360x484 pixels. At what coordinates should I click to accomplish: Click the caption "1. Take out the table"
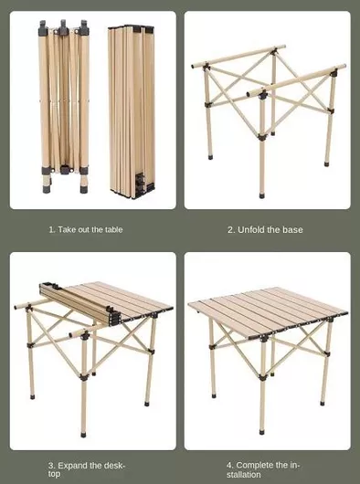86,229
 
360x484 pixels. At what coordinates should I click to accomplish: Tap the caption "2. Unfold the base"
265,229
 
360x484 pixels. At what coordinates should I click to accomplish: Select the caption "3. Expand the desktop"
87,469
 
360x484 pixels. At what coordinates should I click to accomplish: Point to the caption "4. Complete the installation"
263,469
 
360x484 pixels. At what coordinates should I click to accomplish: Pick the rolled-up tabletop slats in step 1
132,111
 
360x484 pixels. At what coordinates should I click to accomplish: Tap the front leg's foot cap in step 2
262,195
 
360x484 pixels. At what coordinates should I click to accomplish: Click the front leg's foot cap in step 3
83,435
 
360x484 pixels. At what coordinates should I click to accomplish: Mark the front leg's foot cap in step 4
262,432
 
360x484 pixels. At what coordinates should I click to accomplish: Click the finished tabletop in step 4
268,312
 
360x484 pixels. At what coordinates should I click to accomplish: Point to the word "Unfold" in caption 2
251,229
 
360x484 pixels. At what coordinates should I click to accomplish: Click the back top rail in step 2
238,57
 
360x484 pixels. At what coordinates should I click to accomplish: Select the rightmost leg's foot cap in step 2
326,163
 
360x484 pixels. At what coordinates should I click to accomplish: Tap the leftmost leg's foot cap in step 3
32,396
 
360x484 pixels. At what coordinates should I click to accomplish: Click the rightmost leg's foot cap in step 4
323,403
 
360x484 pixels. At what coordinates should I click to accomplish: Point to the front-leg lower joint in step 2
262,137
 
